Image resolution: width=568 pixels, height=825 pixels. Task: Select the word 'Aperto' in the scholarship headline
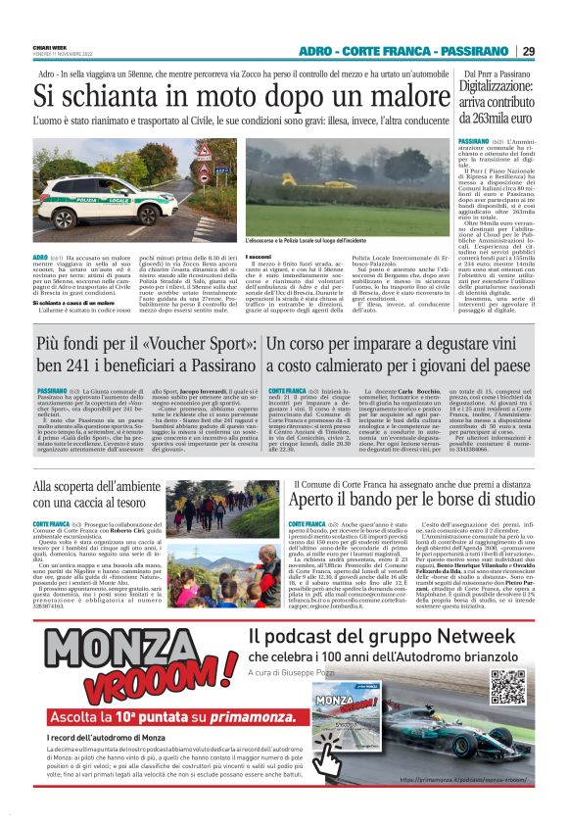tap(322, 500)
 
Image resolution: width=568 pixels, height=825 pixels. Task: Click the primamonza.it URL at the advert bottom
tap(461, 779)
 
